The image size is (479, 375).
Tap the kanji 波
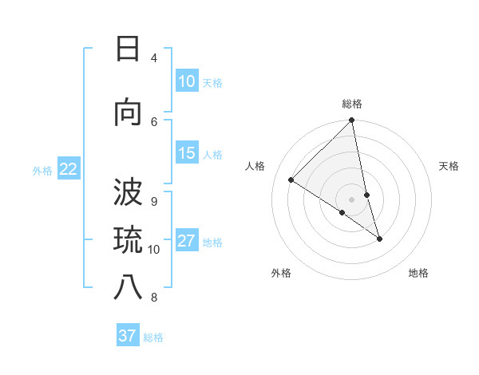click(x=127, y=192)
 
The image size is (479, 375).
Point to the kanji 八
click(x=127, y=288)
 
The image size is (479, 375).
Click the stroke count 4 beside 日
click(x=154, y=58)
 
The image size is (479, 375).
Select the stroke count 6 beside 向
click(x=154, y=121)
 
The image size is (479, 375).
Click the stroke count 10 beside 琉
click(x=154, y=249)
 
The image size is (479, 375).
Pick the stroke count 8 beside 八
click(x=154, y=298)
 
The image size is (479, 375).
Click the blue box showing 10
click(x=187, y=81)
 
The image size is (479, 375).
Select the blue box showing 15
click(x=187, y=153)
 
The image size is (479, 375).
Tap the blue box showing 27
click(x=187, y=241)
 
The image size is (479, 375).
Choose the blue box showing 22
click(x=69, y=168)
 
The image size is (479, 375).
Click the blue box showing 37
click(x=128, y=336)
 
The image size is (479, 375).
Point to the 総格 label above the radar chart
click(x=352, y=104)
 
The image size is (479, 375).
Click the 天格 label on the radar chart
click(x=449, y=166)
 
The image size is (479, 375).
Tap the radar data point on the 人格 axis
click(x=291, y=180)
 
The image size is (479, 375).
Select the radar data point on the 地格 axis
click(x=379, y=239)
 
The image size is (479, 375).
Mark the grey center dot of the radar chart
click(x=351, y=199)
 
